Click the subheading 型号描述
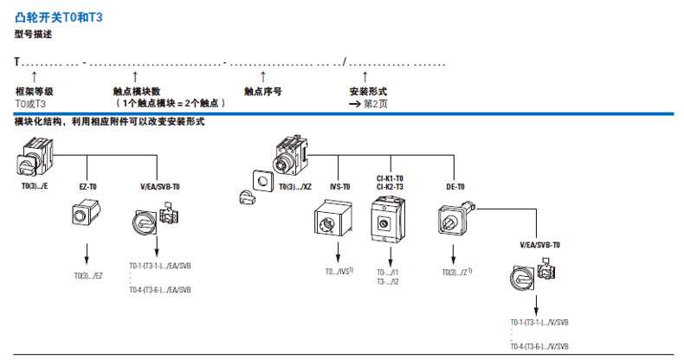pos(34,34)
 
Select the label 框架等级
pos(35,91)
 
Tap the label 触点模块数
pos(137,91)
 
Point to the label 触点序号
pos(262,91)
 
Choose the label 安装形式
pos(368,91)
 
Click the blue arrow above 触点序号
pos(262,77)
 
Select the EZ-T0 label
pos(88,186)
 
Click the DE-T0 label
pos(455,186)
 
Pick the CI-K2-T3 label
pos(390,186)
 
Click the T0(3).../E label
pos(35,186)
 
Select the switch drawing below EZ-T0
pos(87,213)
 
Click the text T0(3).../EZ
pos(88,275)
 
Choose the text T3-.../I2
pos(388,281)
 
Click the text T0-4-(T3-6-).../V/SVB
pos(539,346)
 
